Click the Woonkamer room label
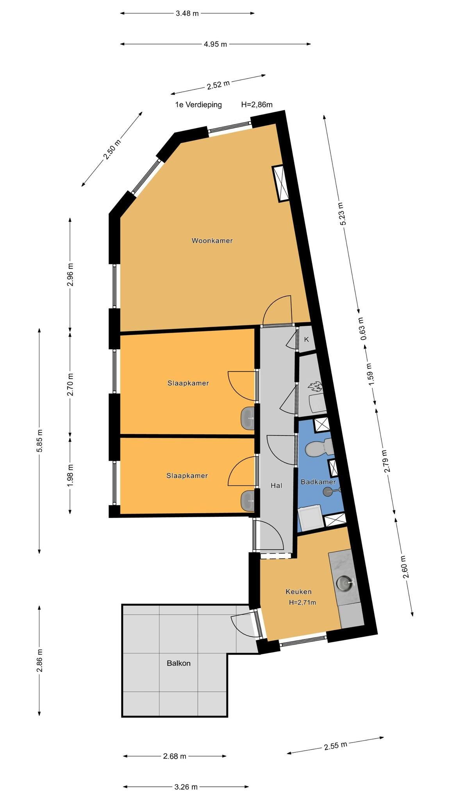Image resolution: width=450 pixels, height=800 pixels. pyautogui.click(x=212, y=241)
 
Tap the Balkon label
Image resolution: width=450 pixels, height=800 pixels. pyautogui.click(x=179, y=663)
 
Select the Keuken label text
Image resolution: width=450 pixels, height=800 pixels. pyautogui.click(x=298, y=591)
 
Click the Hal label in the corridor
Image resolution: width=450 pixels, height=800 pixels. pyautogui.click(x=277, y=486)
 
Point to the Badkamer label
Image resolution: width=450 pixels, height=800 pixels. pyautogui.click(x=318, y=482)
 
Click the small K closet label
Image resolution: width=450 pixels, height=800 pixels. pyautogui.click(x=307, y=339)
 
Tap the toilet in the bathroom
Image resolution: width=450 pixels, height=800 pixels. pyautogui.click(x=317, y=448)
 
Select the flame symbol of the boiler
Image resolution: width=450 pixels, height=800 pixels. pyautogui.click(x=314, y=388)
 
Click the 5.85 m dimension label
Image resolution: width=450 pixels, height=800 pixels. pyautogui.click(x=39, y=441)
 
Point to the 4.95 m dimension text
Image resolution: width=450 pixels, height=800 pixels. pyautogui.click(x=215, y=44)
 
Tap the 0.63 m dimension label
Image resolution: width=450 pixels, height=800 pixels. pyautogui.click(x=363, y=328)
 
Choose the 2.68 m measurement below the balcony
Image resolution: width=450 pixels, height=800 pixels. pyautogui.click(x=175, y=756)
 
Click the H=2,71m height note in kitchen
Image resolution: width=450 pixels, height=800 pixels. pyautogui.click(x=302, y=602)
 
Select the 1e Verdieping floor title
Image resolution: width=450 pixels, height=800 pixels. pyautogui.click(x=198, y=105)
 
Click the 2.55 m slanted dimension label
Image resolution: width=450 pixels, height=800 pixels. pyautogui.click(x=335, y=746)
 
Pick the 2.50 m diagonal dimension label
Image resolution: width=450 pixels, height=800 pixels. pyautogui.click(x=112, y=149)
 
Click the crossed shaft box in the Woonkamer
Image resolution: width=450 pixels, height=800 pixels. pyautogui.click(x=281, y=184)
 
